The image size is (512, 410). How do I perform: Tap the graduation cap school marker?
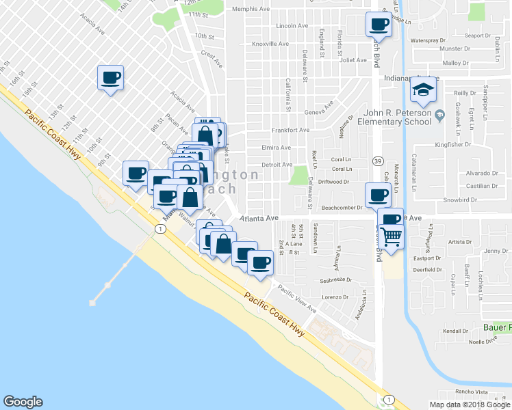424,90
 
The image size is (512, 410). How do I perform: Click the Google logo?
23,402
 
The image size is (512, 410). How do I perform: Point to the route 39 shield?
377,159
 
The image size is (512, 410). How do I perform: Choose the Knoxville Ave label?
270,44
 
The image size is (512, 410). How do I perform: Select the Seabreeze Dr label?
335,280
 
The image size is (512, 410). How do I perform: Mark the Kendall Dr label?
455,331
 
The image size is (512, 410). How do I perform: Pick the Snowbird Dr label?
459,200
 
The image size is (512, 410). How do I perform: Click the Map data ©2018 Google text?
470,405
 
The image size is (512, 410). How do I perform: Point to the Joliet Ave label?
353,60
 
